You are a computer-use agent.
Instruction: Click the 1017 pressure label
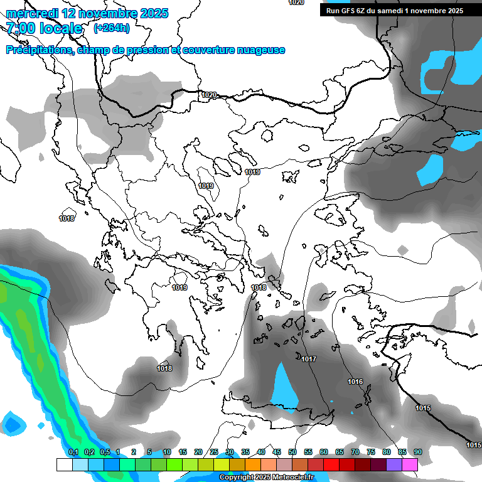click(x=309, y=359)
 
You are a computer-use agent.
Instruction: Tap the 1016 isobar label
click(x=355, y=382)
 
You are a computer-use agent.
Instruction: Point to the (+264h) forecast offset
click(x=112, y=28)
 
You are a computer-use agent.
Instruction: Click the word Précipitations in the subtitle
click(x=38, y=50)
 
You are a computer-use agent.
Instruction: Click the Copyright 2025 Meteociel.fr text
click(x=266, y=478)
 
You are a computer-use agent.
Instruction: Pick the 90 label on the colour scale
click(x=417, y=453)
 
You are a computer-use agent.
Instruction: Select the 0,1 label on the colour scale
click(x=73, y=453)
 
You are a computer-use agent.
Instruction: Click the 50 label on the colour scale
click(x=292, y=453)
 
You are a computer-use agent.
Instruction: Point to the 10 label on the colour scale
click(x=167, y=453)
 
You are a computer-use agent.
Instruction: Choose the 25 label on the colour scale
click(x=214, y=453)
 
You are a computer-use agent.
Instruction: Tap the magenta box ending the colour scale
click(x=410, y=464)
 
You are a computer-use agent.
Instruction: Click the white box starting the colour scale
click(x=64, y=464)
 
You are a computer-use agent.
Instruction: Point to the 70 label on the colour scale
click(x=355, y=453)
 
